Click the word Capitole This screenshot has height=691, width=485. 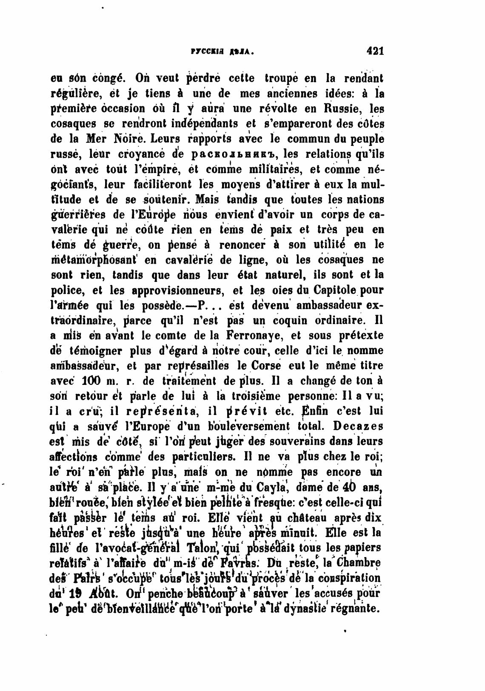pos(337,290)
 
